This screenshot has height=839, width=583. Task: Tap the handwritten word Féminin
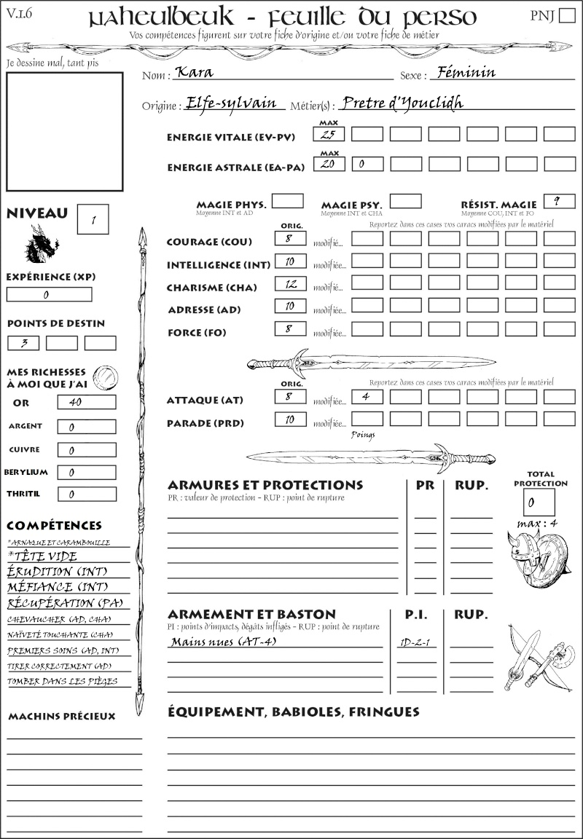click(463, 72)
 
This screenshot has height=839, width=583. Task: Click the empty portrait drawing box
click(64, 131)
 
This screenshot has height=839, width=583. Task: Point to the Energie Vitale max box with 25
click(329, 134)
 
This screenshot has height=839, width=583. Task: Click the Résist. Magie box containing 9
click(558, 201)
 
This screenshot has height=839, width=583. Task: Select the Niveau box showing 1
click(94, 218)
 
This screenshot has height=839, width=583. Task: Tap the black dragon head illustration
click(42, 243)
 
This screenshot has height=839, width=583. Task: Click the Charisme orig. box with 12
click(290, 285)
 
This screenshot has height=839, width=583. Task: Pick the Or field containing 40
click(85, 402)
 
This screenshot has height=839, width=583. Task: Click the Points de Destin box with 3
click(23, 342)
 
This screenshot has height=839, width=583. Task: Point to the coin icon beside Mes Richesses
click(106, 376)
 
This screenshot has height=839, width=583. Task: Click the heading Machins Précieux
click(62, 717)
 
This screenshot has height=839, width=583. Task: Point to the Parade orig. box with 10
click(290, 419)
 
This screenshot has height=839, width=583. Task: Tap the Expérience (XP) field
click(50, 294)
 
